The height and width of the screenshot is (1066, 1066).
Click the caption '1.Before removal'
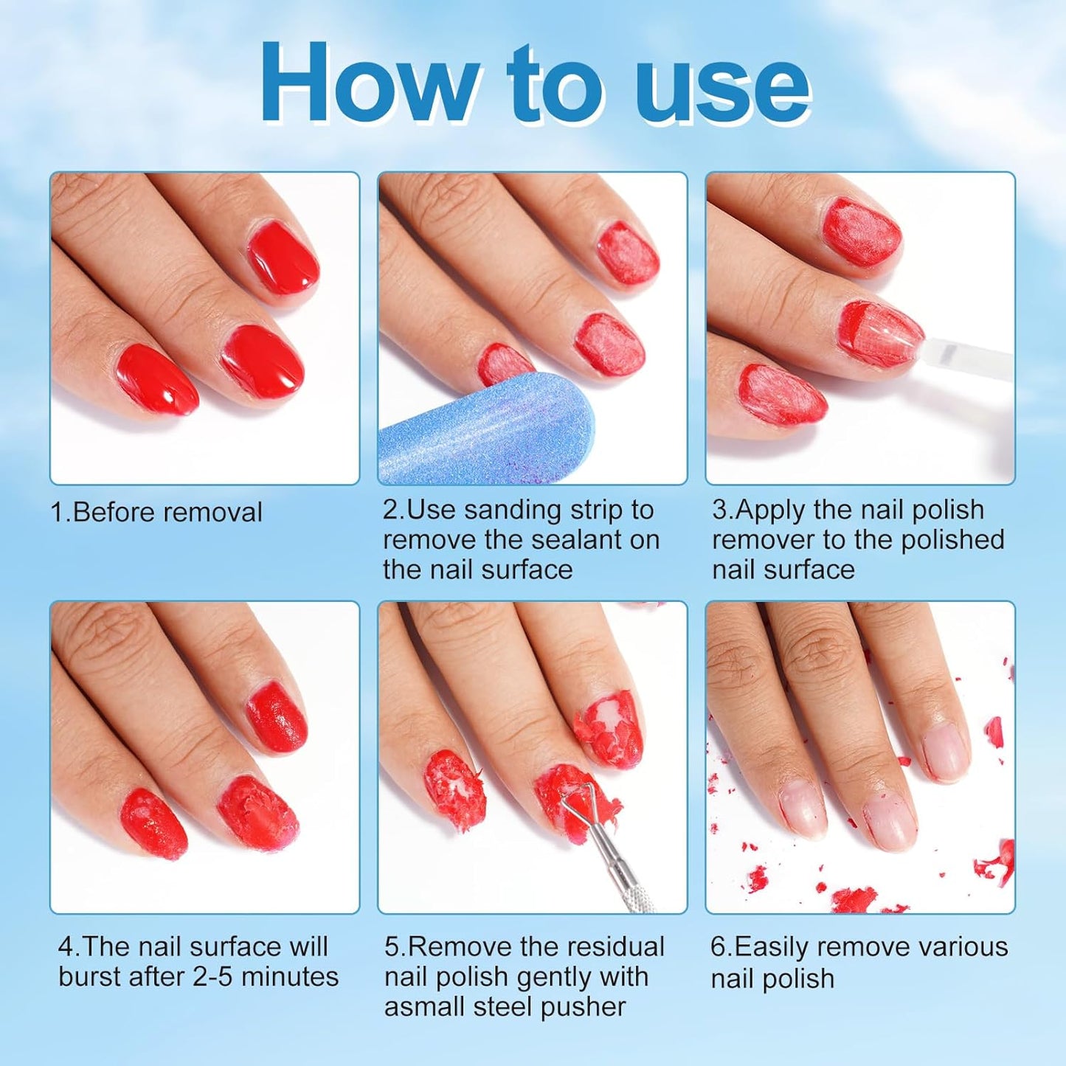156,512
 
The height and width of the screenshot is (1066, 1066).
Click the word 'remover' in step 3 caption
764,539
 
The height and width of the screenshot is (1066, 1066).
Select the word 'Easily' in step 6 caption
777,946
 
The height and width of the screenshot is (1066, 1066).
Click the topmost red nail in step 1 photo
283,260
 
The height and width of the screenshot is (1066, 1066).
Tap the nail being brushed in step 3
882,336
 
